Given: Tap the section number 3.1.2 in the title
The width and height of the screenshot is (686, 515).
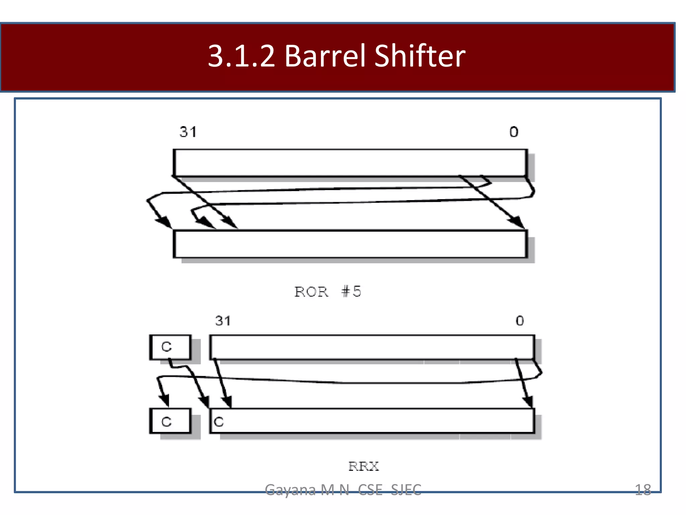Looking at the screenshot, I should point(241,56).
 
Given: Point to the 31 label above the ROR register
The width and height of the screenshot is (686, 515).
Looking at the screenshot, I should point(188,132).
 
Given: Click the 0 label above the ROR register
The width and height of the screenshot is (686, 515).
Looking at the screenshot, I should point(514,132).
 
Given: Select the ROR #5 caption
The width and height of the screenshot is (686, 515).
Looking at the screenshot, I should point(328,291).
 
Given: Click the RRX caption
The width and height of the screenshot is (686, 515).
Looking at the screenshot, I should point(363,466).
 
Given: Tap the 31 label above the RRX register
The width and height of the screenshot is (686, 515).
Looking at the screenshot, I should point(223,321).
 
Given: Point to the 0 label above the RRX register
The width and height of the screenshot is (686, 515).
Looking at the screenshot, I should point(520,321).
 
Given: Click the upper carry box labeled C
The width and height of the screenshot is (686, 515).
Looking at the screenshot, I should point(170,347).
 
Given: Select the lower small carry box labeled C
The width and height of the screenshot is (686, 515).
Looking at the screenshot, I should point(170,421).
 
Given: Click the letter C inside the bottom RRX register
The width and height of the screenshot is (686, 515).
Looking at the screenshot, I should point(219,422).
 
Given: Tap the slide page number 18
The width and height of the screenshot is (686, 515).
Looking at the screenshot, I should point(643,490).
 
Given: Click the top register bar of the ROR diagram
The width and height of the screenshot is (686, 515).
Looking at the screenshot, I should point(350,163).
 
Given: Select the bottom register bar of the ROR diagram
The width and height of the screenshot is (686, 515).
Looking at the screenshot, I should point(350,244).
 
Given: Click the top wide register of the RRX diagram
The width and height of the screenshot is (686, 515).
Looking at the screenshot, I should point(372,347).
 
